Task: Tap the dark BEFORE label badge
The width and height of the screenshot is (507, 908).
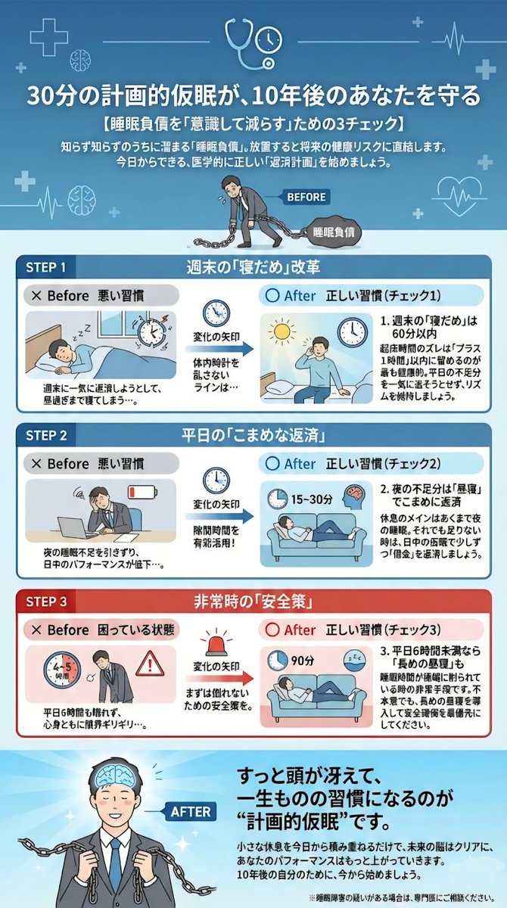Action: [x=306, y=197]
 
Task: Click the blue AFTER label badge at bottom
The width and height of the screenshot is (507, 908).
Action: [x=190, y=811]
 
